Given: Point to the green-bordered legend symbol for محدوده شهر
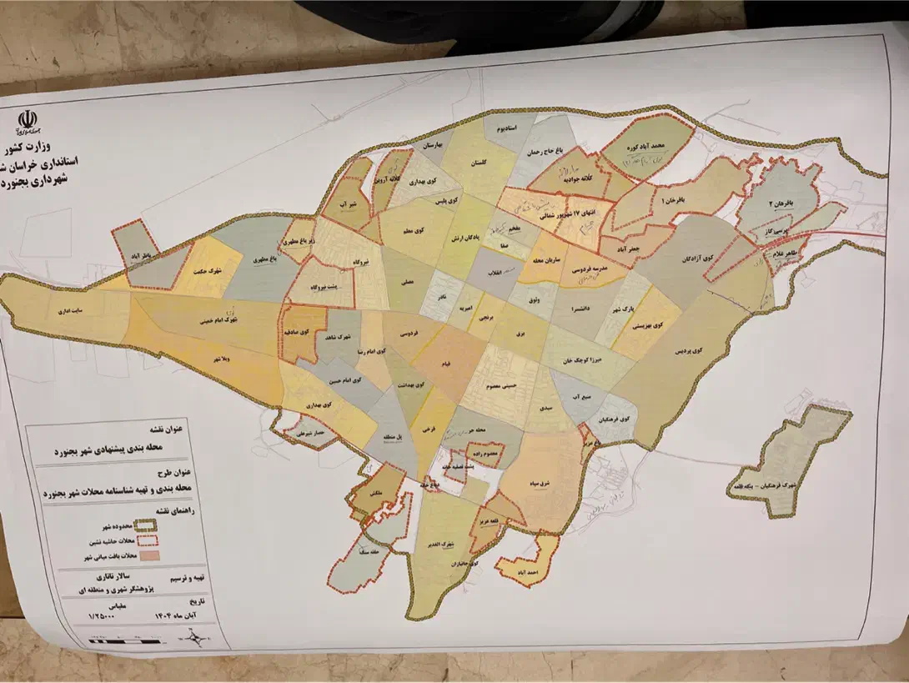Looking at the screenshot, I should pos(148,525).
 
